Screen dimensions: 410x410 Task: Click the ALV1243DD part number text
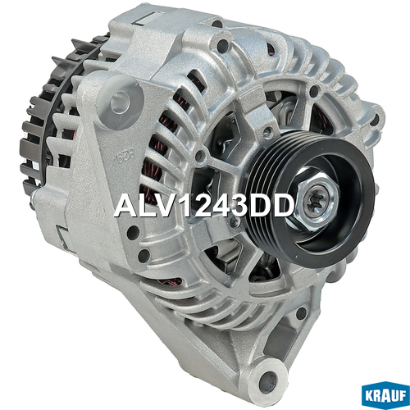203,207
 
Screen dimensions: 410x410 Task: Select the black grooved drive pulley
309,198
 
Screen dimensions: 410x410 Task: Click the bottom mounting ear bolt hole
268,379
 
